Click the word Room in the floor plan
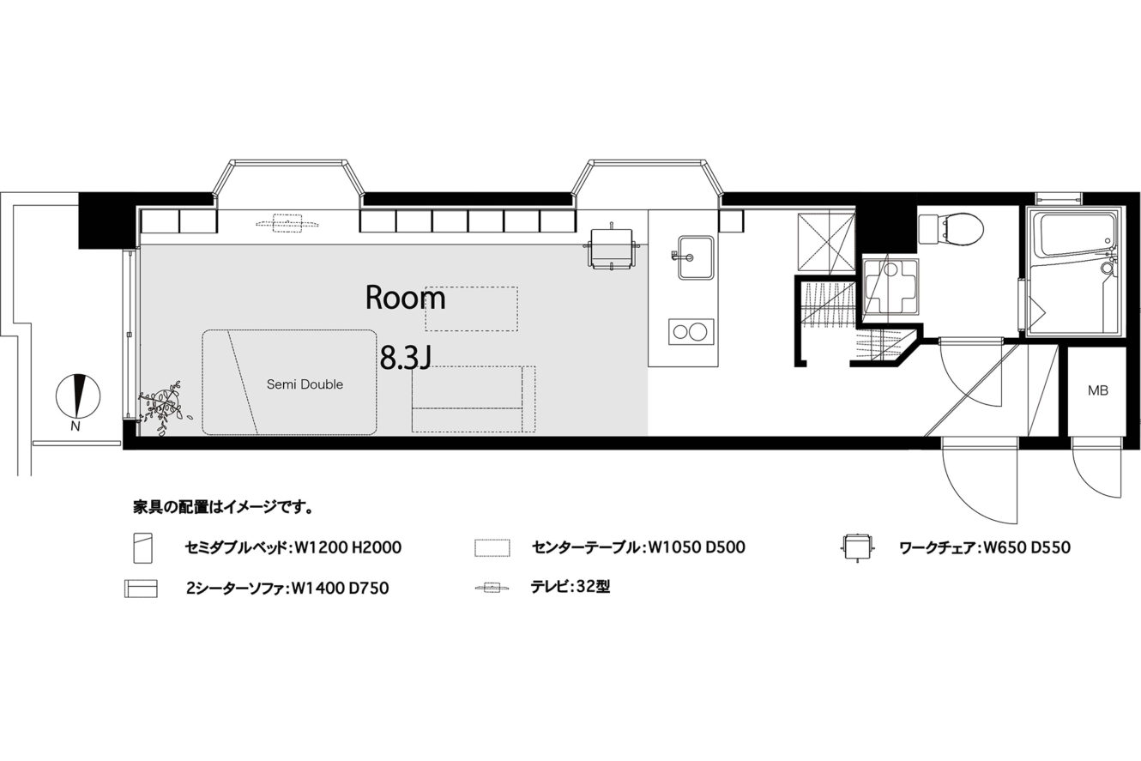tap(406, 298)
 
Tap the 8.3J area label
tap(406, 358)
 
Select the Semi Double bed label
tap(305, 384)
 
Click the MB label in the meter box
tap(1098, 390)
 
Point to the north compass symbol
tap(78, 396)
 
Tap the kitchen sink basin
tap(695, 257)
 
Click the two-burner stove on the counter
tap(691, 332)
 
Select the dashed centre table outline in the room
tap(471, 309)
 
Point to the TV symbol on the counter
tap(287, 223)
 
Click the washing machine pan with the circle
tap(890, 287)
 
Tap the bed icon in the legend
tap(143, 548)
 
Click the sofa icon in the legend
tap(141, 589)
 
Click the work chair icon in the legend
tap(858, 547)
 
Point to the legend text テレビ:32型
tap(570, 588)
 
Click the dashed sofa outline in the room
tap(474, 399)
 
